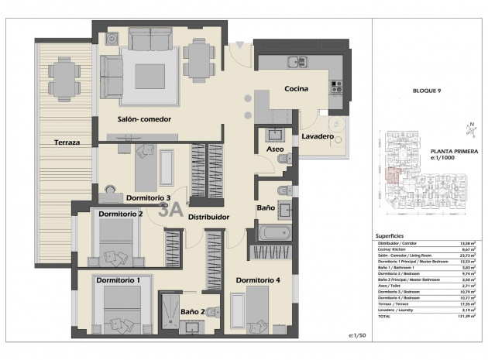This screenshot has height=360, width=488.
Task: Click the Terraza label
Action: coord(67,142)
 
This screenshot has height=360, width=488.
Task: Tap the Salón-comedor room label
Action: coord(144,119)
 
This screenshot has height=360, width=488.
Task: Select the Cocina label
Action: coord(295,89)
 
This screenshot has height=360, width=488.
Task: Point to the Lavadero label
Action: coord(318,137)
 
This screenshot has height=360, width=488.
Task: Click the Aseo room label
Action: coord(274,149)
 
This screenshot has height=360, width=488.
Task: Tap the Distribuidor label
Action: coord(208,218)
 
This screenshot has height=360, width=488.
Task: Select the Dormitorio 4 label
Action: coord(258,279)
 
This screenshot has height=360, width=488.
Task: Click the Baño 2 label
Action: coord(192,312)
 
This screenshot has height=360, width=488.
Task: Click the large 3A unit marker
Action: coord(170,208)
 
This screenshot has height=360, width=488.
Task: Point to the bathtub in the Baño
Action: coord(273,231)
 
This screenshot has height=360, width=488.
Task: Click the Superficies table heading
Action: coord(388,235)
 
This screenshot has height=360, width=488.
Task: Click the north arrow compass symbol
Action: coord(469,128)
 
